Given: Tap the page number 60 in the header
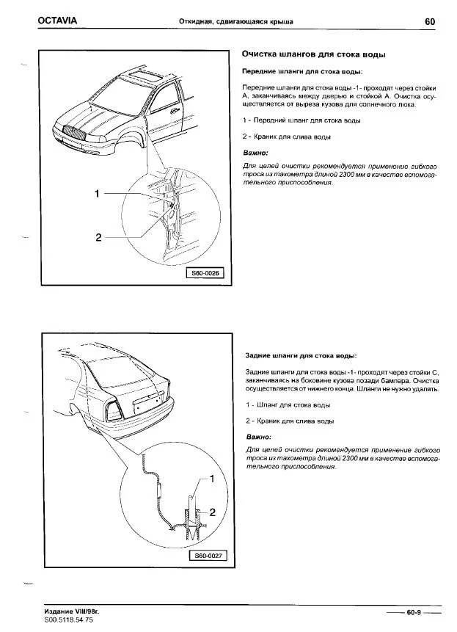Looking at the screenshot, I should point(430,21).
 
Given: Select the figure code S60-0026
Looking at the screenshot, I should point(206,273).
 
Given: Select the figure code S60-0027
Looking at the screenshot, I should point(206,556).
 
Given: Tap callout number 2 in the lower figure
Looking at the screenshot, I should point(212,512).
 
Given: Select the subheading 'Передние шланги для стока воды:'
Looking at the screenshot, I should point(301,71).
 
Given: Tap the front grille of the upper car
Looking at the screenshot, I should point(76,133).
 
